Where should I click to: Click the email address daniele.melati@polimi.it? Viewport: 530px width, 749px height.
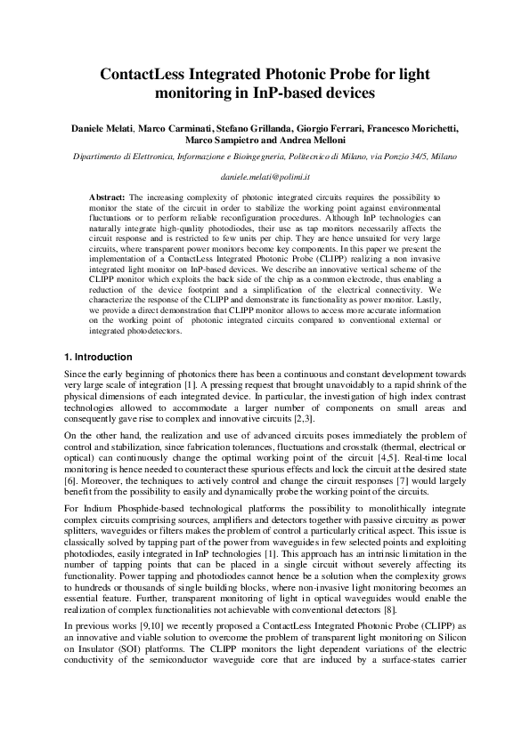click(265, 177)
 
